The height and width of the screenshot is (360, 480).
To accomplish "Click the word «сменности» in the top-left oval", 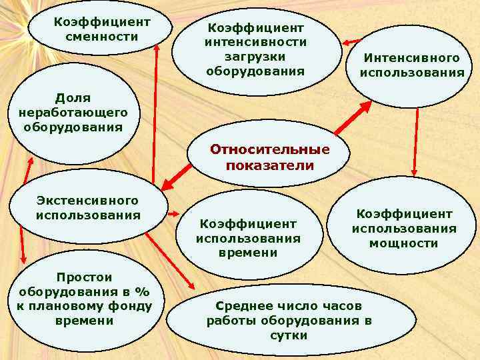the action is pyautogui.click(x=102, y=35).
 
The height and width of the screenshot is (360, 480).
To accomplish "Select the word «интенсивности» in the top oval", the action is pyautogui.click(x=255, y=42).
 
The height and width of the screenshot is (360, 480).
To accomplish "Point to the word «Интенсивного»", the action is pyautogui.click(x=411, y=59).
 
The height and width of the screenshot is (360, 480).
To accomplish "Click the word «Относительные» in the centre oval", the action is pyautogui.click(x=270, y=149).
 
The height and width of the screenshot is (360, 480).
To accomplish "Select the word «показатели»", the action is pyautogui.click(x=270, y=165).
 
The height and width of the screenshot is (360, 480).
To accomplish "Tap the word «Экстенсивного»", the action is pyautogui.click(x=88, y=201).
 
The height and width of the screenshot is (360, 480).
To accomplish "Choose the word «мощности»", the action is pyautogui.click(x=404, y=243).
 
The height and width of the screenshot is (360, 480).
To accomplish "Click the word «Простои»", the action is pyautogui.click(x=85, y=277).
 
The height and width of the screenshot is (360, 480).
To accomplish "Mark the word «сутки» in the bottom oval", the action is pyautogui.click(x=289, y=335).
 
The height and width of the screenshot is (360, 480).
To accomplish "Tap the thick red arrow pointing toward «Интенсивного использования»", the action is pyautogui.click(x=353, y=117).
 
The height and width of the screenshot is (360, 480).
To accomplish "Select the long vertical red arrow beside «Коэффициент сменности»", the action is pyautogui.click(x=156, y=113).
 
